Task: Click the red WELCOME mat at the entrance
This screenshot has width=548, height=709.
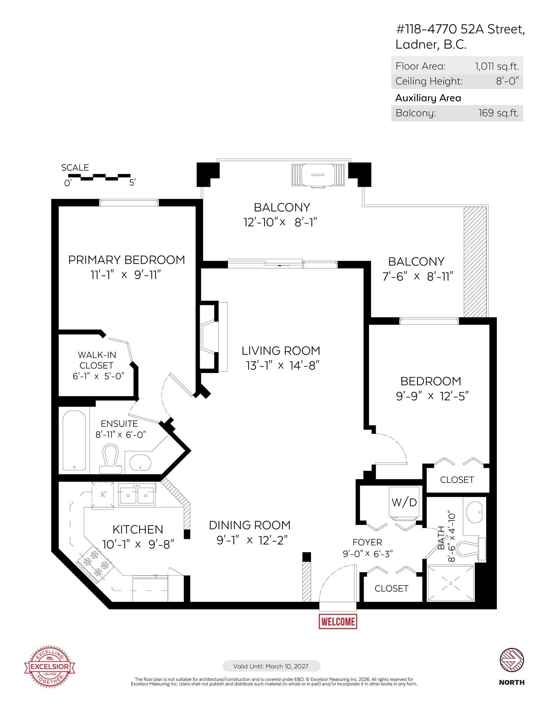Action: coord(338,621)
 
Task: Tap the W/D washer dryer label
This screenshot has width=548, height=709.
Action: coord(404,502)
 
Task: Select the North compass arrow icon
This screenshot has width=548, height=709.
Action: coord(512,660)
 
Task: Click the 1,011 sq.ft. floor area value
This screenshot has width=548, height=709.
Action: coord(497,66)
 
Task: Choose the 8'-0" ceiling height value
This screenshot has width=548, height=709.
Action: coord(507,81)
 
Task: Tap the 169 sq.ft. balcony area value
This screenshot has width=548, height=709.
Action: coord(499,113)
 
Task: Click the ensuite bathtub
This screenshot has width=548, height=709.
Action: coord(75,441)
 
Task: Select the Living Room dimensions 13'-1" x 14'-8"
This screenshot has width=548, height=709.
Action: coord(283,366)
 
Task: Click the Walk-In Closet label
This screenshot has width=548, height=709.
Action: coord(97,360)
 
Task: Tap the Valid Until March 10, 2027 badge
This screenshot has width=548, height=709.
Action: coord(271,666)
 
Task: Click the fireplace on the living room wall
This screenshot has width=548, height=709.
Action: coord(213,337)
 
